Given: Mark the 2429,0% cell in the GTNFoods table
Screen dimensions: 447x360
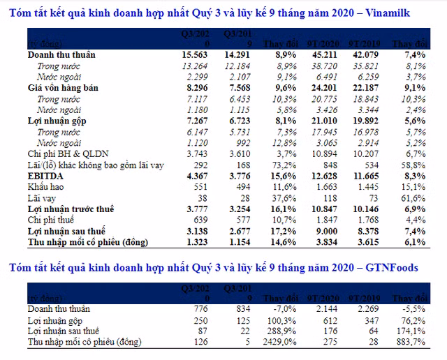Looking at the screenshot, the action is (279, 342).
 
